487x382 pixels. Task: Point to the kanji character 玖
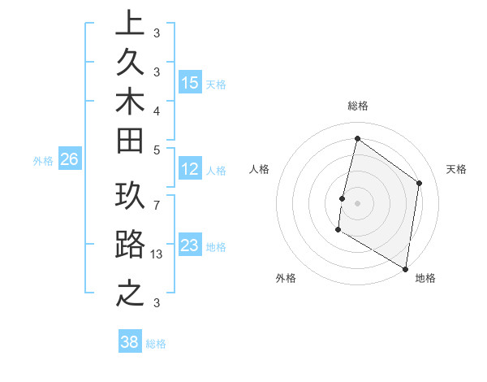[x=130, y=198]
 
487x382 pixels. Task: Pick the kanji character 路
[x=130, y=245]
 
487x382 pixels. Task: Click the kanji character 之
[x=130, y=292]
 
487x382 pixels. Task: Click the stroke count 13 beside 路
[x=157, y=254]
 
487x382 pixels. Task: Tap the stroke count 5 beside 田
[x=156, y=150]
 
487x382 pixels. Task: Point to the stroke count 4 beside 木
[x=156, y=110]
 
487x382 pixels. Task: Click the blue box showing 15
[x=190, y=83]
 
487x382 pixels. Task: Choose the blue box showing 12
[x=190, y=169]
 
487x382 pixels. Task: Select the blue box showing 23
[x=190, y=245]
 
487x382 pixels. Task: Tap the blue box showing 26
[x=69, y=160]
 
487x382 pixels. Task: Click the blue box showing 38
[x=130, y=342]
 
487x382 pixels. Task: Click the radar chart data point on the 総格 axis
[x=357, y=139]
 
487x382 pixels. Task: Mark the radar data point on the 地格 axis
[x=405, y=268]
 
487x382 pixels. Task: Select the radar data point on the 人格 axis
[x=342, y=198]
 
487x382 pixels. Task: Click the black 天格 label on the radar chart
[x=456, y=169]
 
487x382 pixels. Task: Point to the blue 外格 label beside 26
[x=43, y=161]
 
